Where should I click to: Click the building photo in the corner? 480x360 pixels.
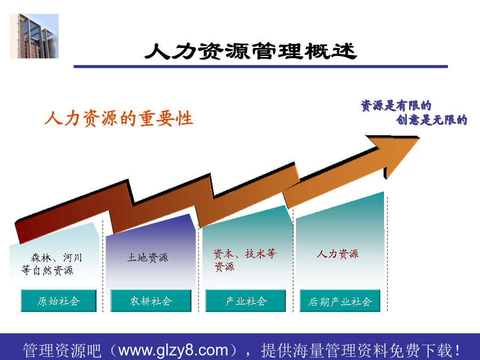click(34, 36)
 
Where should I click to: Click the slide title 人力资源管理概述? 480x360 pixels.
click(251, 51)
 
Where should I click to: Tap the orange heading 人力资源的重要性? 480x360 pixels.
click(119, 118)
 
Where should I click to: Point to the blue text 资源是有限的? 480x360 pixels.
click(396, 106)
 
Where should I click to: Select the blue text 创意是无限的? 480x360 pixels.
click(431, 119)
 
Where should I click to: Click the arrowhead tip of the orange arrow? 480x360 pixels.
click(419, 138)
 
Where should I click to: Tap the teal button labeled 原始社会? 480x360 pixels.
click(59, 301)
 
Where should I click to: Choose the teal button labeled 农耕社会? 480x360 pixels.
click(151, 301)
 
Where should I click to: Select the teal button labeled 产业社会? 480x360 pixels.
click(245, 301)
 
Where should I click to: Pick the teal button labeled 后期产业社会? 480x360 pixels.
click(340, 301)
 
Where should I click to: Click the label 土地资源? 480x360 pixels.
click(148, 258)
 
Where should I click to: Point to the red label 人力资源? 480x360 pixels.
click(338, 254)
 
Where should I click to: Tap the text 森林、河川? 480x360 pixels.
click(57, 258)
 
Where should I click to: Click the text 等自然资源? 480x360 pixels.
click(47, 270)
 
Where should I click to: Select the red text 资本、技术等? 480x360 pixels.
click(245, 254)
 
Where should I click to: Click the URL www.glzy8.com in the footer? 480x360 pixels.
click(173, 350)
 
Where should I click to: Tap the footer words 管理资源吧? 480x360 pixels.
click(62, 350)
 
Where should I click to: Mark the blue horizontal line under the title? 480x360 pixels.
click(260, 67)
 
